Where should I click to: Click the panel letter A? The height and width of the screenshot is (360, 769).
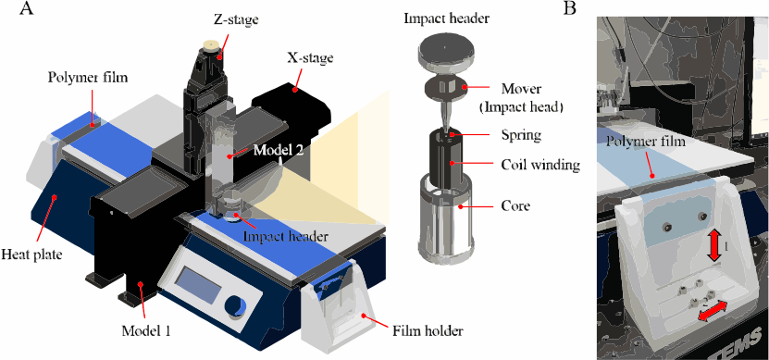coord(27,7)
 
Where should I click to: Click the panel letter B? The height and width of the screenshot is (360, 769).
coord(570,7)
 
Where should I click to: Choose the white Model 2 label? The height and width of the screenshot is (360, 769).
coord(278,151)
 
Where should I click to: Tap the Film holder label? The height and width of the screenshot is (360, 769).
coord(428,331)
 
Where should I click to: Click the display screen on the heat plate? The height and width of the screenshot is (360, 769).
coord(197,288)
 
